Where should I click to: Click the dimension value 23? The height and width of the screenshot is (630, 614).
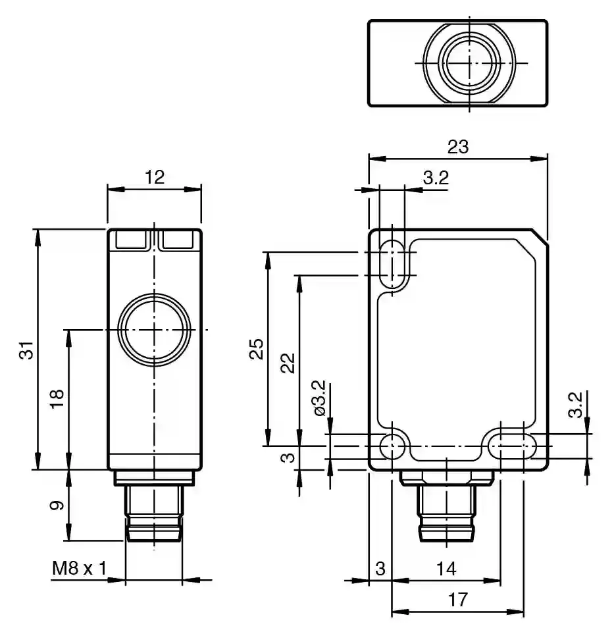click(458, 147)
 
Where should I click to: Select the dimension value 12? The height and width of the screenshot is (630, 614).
click(154, 176)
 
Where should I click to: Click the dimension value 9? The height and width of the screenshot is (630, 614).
click(57, 506)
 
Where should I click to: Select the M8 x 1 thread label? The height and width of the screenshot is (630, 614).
click(79, 568)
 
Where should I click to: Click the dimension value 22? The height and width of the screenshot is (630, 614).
click(288, 362)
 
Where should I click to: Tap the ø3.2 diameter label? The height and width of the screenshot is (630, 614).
click(320, 398)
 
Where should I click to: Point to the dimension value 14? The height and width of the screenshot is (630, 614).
click(446, 568)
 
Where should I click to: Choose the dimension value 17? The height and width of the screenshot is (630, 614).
click(458, 600)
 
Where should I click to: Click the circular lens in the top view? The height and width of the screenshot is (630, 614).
click(467, 63)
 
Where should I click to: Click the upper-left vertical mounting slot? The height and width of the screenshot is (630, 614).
click(393, 263)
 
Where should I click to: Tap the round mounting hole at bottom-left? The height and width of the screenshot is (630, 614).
click(394, 446)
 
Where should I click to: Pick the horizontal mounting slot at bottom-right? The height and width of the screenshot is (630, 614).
click(511, 446)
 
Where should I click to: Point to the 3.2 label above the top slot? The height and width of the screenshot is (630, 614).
click(435, 177)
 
